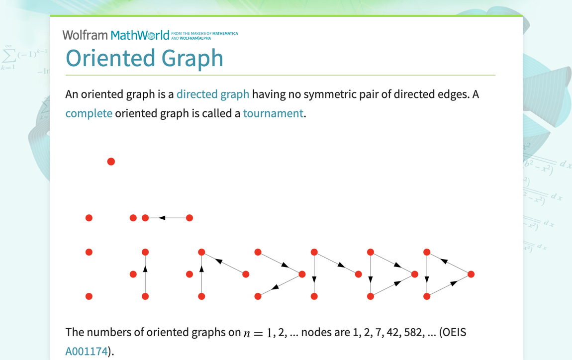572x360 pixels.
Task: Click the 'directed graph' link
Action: pyautogui.click(x=213, y=94)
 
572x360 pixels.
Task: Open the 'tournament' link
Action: pyautogui.click(x=273, y=113)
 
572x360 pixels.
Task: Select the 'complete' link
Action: pyautogui.click(x=89, y=114)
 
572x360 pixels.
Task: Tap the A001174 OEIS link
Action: pyautogui.click(x=87, y=351)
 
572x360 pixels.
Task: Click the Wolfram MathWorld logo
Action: pyautogui.click(x=116, y=35)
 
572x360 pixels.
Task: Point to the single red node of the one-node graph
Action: pyautogui.click(x=111, y=162)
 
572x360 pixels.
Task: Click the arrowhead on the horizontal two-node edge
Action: pyautogui.click(x=162, y=218)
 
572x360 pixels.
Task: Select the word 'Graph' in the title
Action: pyautogui.click(x=192, y=59)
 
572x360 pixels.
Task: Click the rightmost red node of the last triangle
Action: pyautogui.click(x=471, y=274)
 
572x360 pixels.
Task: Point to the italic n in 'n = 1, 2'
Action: pyautogui.click(x=247, y=334)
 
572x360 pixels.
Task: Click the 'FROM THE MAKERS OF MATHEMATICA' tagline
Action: pyautogui.click(x=204, y=33)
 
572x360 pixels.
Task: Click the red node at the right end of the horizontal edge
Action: pyautogui.click(x=190, y=218)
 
